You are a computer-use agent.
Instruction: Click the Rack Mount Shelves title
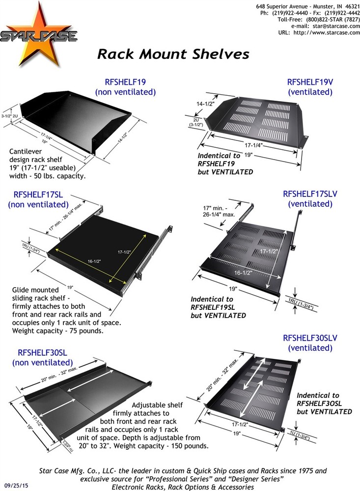click(x=173, y=54)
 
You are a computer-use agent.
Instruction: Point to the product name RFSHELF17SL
click(x=38, y=194)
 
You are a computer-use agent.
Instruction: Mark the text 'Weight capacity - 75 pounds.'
click(x=57, y=331)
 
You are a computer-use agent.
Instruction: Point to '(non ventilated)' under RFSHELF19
click(x=125, y=92)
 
